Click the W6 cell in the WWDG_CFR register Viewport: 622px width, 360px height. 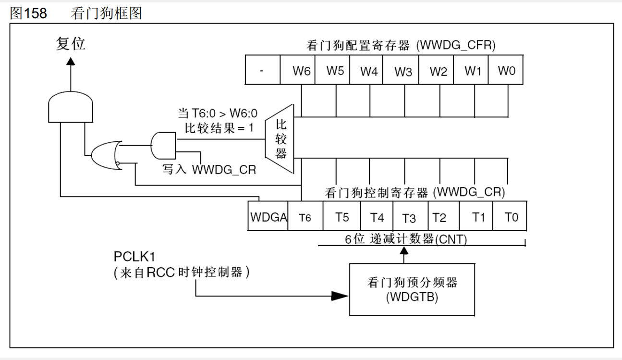302,72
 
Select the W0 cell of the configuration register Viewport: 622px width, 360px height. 506,72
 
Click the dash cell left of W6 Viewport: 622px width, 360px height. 262,72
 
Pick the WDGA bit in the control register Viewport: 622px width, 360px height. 268,217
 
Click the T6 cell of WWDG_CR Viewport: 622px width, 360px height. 305,217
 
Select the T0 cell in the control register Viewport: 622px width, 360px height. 511,217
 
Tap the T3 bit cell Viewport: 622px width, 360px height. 409,217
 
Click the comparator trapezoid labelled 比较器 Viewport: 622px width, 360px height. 281,139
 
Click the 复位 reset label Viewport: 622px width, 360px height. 70,44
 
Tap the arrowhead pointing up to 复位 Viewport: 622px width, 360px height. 71,61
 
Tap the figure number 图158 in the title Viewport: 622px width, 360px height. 28,13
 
